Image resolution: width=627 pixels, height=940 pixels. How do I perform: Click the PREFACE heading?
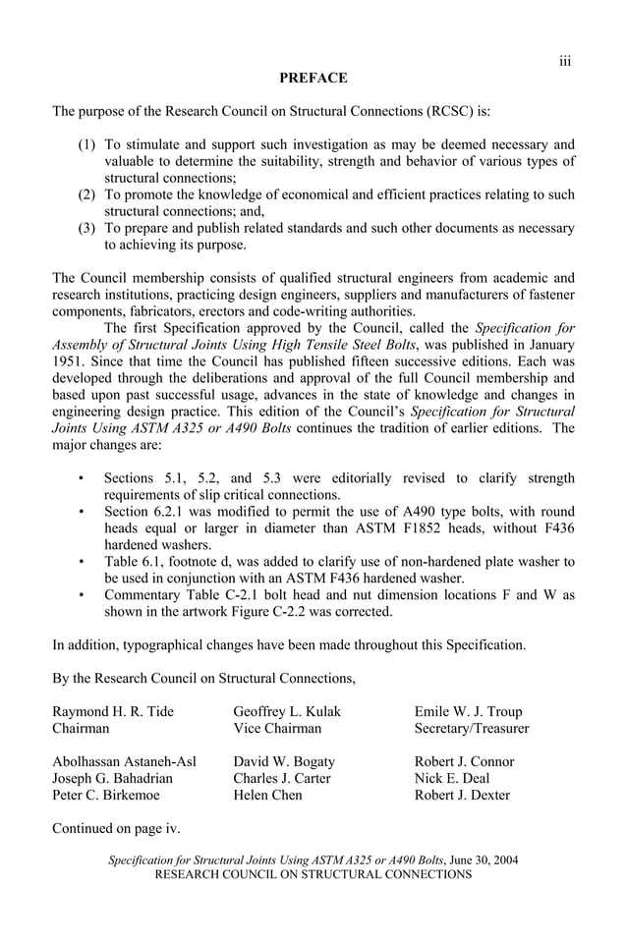[x=313, y=78]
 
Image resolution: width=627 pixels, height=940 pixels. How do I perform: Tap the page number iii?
[x=565, y=61]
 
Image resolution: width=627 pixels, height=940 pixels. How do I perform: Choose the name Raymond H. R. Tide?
[x=112, y=711]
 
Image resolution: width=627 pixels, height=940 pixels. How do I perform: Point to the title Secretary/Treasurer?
[x=472, y=728]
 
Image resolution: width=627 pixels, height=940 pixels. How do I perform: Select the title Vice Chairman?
[x=277, y=728]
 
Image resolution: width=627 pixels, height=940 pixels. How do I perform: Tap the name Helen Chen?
[x=267, y=795]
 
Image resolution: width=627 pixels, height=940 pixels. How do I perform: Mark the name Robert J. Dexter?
[x=462, y=795]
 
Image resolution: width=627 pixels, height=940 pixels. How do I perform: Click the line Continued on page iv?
[x=115, y=828]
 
